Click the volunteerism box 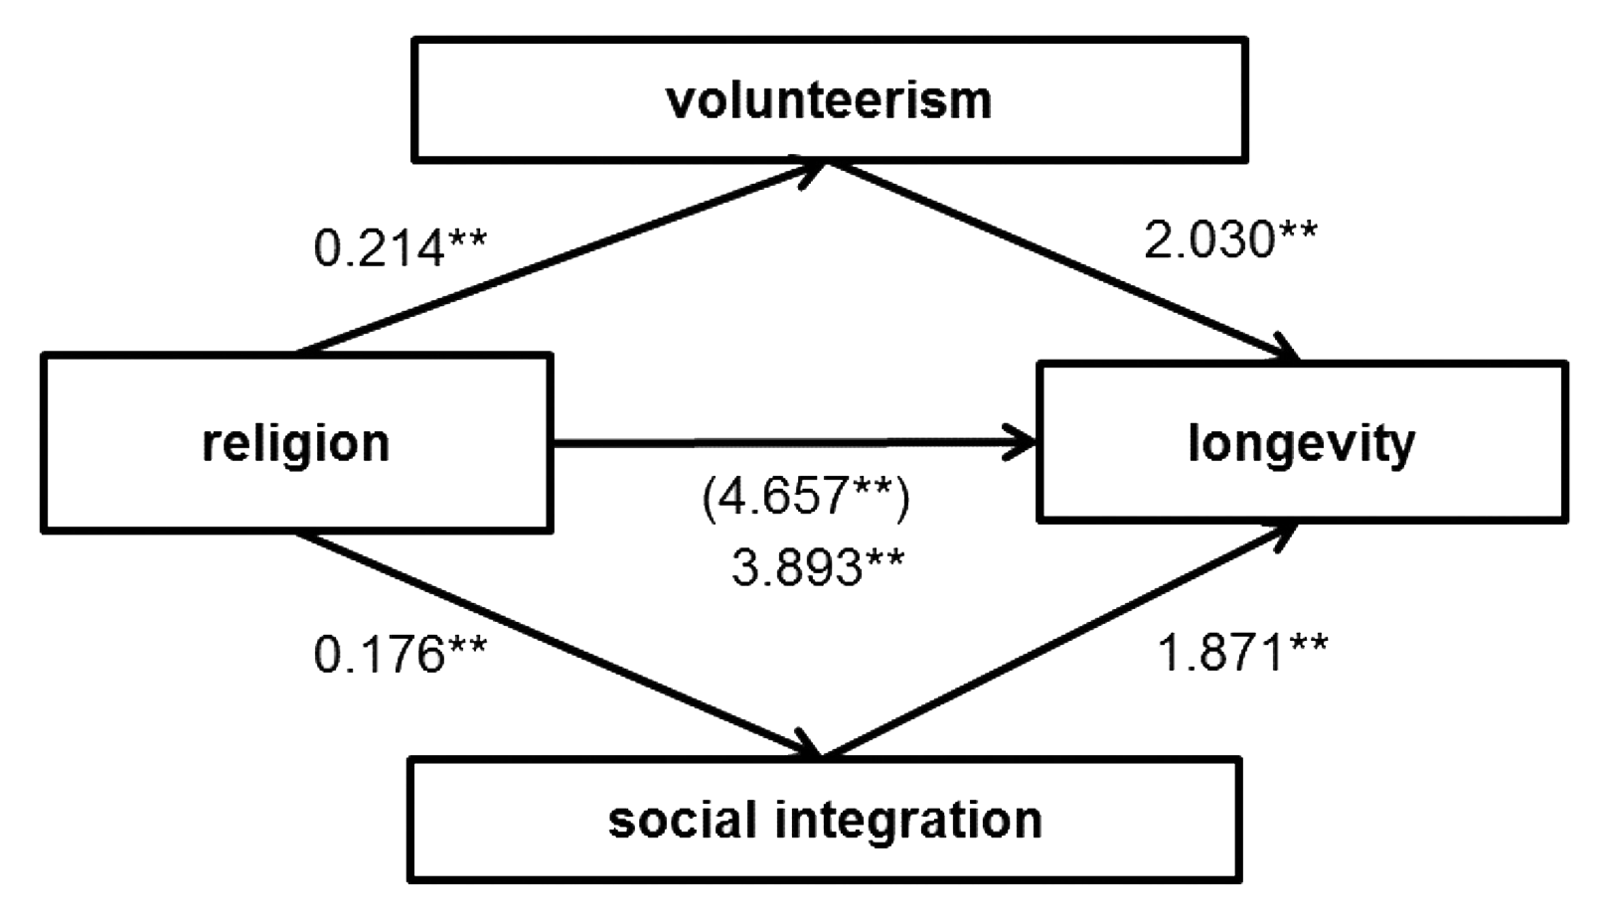[830, 99]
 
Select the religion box [296, 443]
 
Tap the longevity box [1301, 443]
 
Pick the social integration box [825, 820]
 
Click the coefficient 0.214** [400, 248]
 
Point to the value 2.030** [1230, 240]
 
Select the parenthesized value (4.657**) [805, 497]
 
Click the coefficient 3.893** [818, 568]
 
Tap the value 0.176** [400, 654]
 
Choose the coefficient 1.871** [1242, 654]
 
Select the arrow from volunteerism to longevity [1063, 259]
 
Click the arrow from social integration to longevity [1058, 641]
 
